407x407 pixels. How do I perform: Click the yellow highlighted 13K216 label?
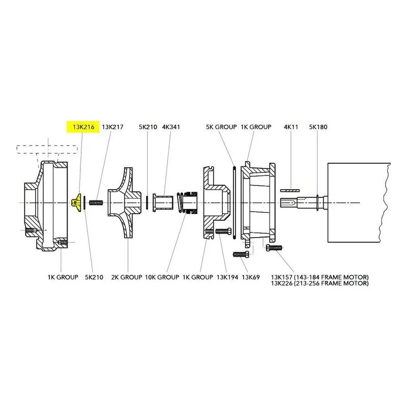coord(83,127)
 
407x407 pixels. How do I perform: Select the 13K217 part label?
coord(112,127)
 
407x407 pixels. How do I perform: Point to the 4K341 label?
coord(171,127)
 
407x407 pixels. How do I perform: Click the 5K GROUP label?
coord(221,127)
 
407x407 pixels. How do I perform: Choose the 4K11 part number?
coord(291,127)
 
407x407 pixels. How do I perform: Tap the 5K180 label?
coord(318,127)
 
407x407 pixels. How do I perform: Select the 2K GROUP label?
coord(127,277)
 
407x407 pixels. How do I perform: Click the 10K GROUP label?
coord(162,277)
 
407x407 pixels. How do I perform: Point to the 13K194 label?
coord(227,277)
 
